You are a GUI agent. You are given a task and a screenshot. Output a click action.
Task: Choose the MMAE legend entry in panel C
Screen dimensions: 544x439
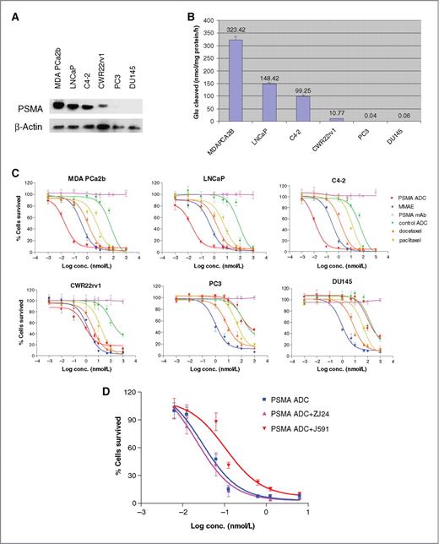click(396, 205)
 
